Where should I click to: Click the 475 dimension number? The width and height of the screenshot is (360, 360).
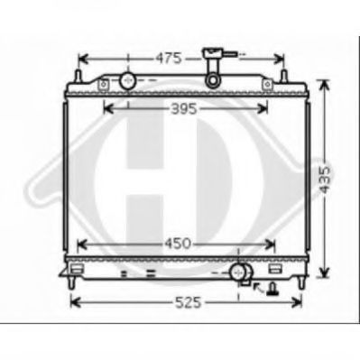[169, 58]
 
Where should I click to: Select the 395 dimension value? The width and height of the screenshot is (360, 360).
[184, 108]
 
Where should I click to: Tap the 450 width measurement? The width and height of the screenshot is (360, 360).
[178, 244]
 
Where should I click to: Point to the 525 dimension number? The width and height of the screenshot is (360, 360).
[188, 302]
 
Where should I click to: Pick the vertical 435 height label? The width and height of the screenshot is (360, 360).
[325, 180]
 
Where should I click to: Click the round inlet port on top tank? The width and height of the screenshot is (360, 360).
[128, 80]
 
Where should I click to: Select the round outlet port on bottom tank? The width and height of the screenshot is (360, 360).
[238, 272]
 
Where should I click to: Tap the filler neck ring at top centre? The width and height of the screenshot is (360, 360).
[213, 80]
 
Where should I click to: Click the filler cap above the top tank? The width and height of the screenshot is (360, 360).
[212, 54]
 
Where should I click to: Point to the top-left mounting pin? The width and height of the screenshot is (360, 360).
[78, 76]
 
